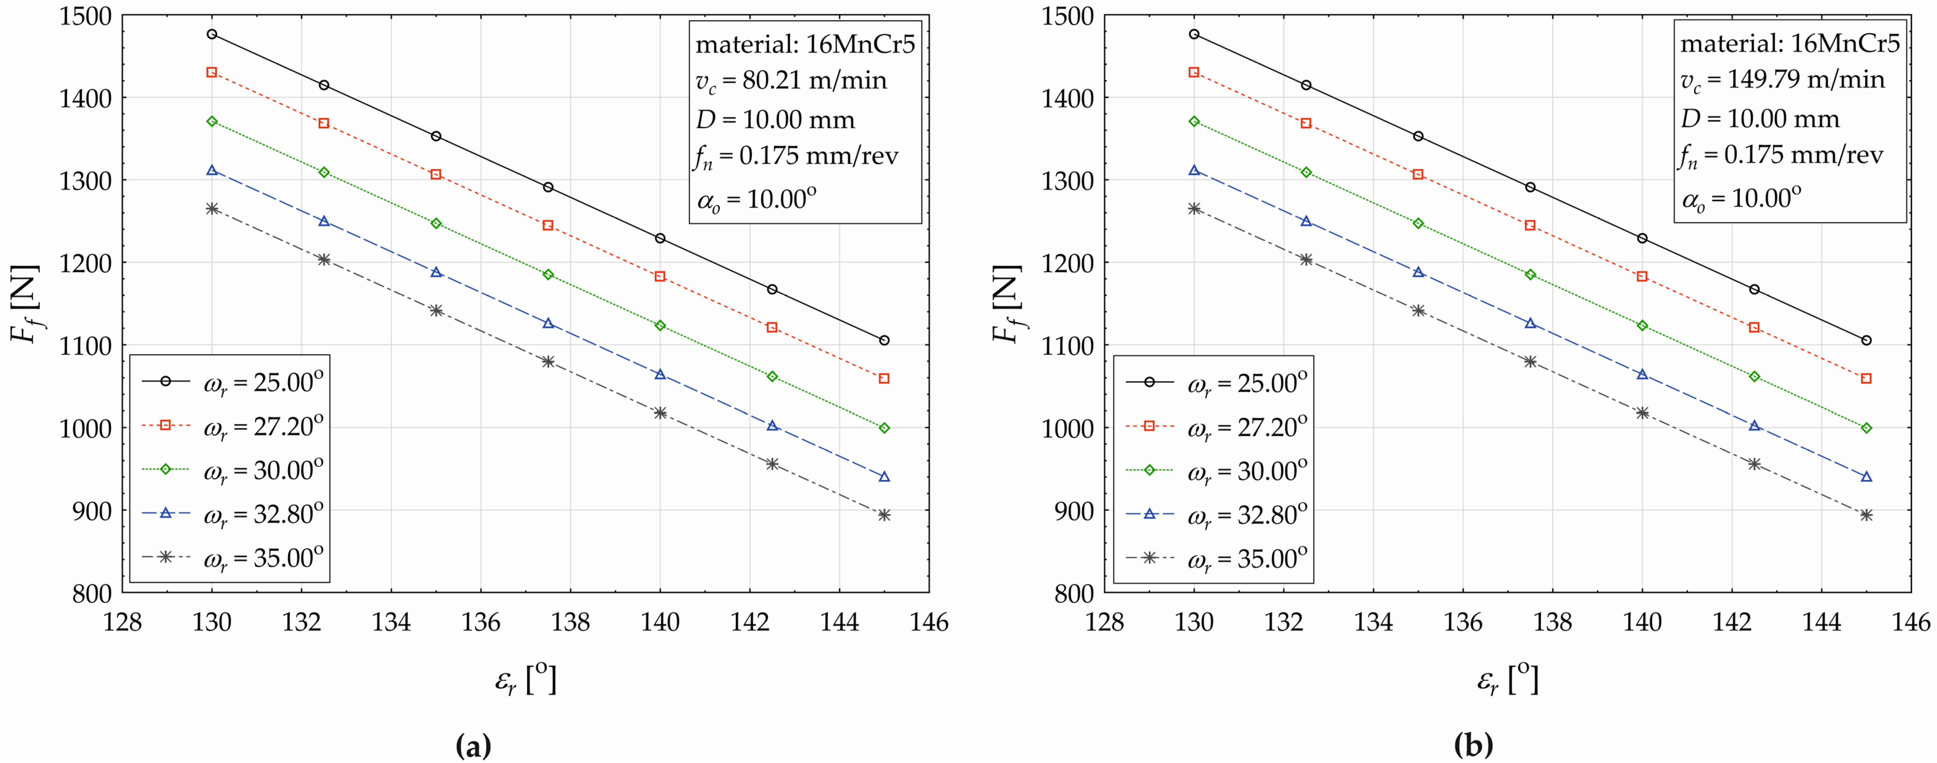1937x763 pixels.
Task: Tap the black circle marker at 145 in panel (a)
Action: [x=884, y=340]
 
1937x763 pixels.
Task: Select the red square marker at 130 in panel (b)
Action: [x=1194, y=72]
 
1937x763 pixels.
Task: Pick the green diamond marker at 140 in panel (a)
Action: [x=660, y=326]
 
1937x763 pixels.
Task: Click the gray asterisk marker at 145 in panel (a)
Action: [x=884, y=515]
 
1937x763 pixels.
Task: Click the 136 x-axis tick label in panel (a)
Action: [x=480, y=623]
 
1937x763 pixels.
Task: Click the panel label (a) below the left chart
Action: [x=474, y=746]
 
